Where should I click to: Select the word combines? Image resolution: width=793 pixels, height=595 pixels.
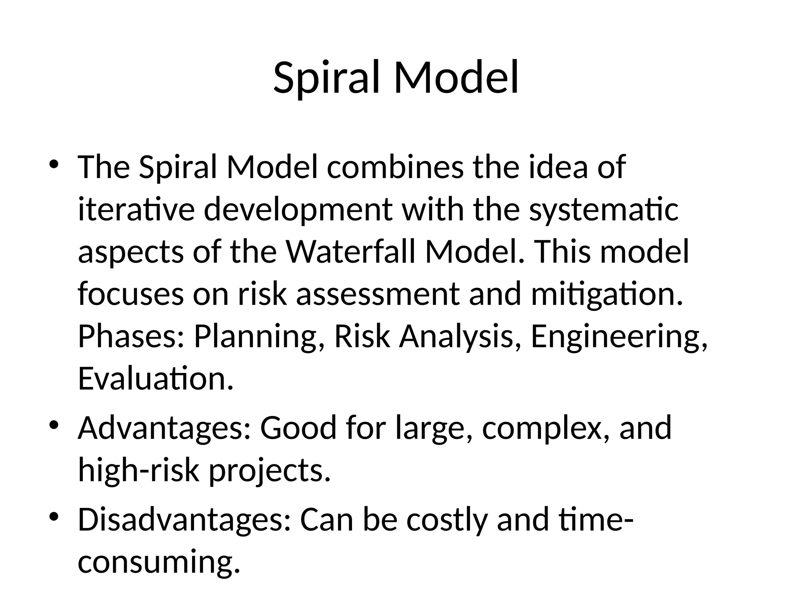pyautogui.click(x=395, y=167)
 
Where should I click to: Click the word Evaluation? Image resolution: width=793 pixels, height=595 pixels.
pyautogui.click(x=156, y=379)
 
